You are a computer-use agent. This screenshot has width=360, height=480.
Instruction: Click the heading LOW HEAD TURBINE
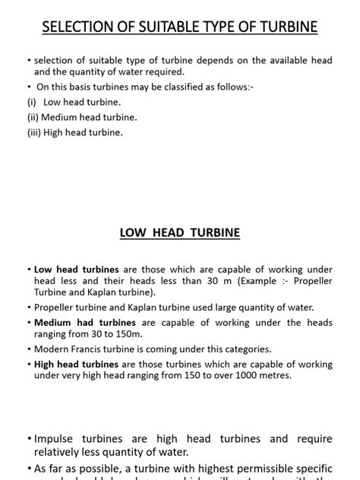[180, 232]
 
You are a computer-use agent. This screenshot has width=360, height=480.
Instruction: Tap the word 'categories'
[244, 349]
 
